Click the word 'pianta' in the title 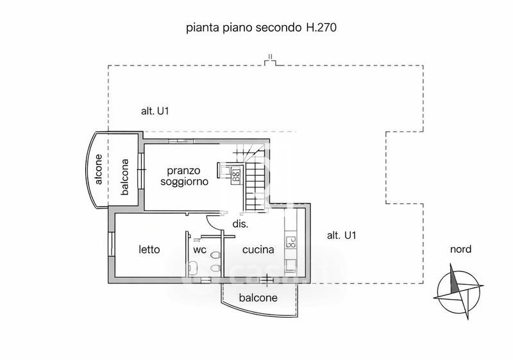coord(199,28)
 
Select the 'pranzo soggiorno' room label coord(184,176)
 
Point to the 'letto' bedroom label coord(149,250)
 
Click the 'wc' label coord(199,250)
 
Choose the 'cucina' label coord(258,250)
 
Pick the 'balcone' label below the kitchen coord(258,298)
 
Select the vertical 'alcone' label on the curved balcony coord(99,171)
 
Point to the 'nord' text coord(460,250)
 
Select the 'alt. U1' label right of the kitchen coord(341,236)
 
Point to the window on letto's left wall coord(112,244)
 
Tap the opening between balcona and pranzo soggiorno coord(142,172)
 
